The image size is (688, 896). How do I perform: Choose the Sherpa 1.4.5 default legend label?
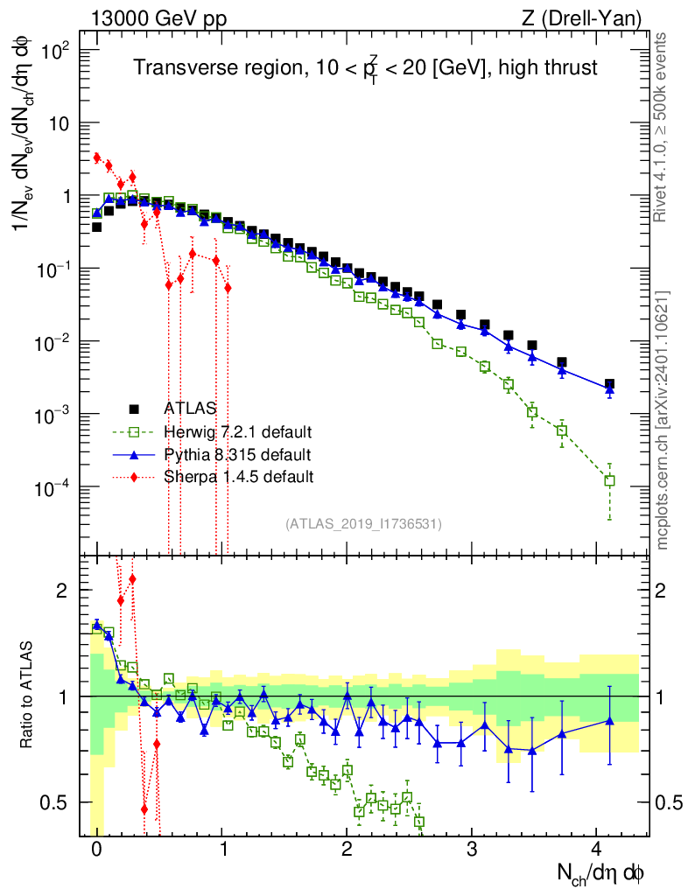pyautogui.click(x=238, y=477)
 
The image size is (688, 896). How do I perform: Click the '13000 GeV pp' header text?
pyautogui.click(x=158, y=17)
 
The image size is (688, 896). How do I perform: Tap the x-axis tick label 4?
pyautogui.click(x=596, y=850)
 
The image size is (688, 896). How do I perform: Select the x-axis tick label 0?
pyautogui.click(x=96, y=850)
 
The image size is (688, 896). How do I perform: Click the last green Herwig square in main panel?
pyautogui.click(x=609, y=480)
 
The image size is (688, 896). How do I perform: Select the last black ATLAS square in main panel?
pyautogui.click(x=609, y=384)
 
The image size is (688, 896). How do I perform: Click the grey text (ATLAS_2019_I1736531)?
pyautogui.click(x=363, y=524)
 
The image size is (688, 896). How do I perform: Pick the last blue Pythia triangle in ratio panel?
pyautogui.click(x=609, y=720)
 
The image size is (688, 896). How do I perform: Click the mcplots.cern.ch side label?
pyautogui.click(x=663, y=420)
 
